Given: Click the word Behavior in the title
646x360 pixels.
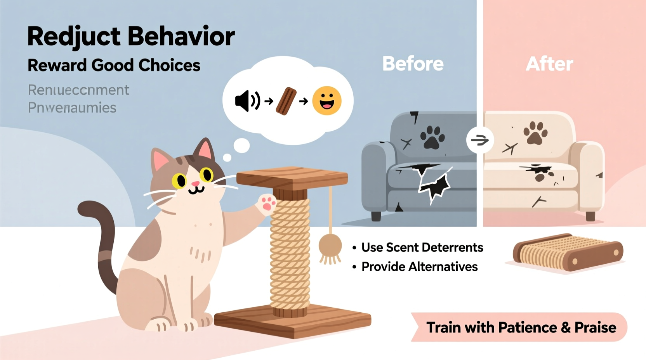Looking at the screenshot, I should click(181, 36).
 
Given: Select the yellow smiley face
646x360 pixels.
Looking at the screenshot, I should click(327, 101).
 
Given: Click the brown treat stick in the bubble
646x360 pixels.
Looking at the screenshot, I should click(286, 101).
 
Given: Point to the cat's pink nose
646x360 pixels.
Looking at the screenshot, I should click(195, 183).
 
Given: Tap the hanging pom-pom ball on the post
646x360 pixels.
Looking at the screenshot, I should click(330, 246).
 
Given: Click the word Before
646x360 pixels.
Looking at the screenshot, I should click(413, 64).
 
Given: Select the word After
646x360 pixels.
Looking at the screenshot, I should click(549, 64).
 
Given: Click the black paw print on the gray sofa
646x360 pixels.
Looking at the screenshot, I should click(432, 137).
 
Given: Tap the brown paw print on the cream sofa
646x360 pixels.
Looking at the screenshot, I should click(535, 133).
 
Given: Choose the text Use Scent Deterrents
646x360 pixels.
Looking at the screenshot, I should click(422, 247).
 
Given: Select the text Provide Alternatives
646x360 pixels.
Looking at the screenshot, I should click(419, 267).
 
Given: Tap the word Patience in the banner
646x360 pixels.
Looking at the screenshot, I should click(528, 328).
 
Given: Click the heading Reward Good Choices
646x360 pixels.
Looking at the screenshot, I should click(114, 65).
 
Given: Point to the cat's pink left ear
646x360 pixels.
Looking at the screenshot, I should click(161, 159).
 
